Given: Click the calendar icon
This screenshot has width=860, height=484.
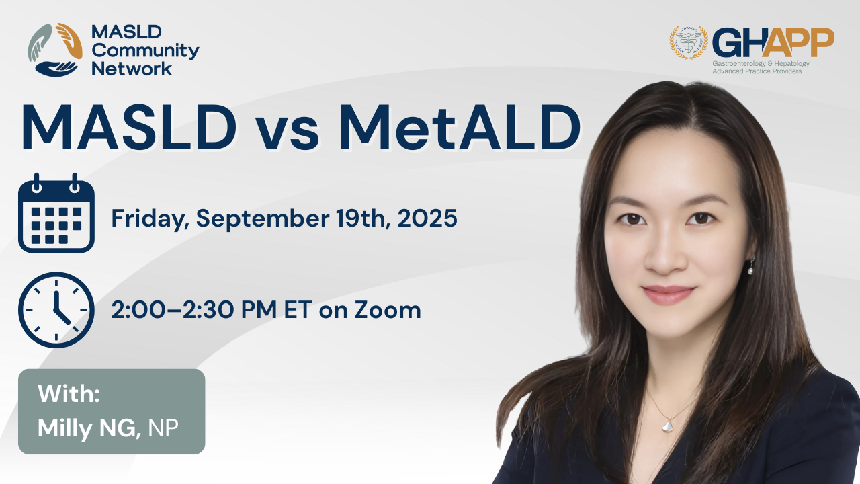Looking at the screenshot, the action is click(56, 213).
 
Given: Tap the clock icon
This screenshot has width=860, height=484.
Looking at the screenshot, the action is click(56, 310).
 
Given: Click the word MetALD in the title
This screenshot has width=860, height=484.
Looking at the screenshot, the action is click(460, 128).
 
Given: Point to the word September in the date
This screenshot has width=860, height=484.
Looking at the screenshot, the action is click(263, 219).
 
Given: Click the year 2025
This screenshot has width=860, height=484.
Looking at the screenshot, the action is click(427, 218).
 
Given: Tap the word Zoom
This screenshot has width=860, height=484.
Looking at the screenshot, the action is click(388, 310).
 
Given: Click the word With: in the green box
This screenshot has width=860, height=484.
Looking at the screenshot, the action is click(69, 393).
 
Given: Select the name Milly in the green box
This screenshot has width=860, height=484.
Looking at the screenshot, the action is click(65, 428).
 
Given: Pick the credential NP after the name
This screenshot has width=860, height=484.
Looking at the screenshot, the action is click(163, 428).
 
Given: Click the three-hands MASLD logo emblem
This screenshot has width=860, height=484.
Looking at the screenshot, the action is click(55, 50).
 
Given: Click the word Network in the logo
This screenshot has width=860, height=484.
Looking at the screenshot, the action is click(132, 69).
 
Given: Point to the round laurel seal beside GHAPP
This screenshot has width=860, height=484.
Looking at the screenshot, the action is click(689, 42).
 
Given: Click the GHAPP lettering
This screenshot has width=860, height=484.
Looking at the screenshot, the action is click(773, 42).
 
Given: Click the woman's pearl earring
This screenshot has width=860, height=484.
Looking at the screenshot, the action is click(750, 271).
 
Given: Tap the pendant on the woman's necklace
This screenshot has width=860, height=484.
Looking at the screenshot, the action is click(667, 426).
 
